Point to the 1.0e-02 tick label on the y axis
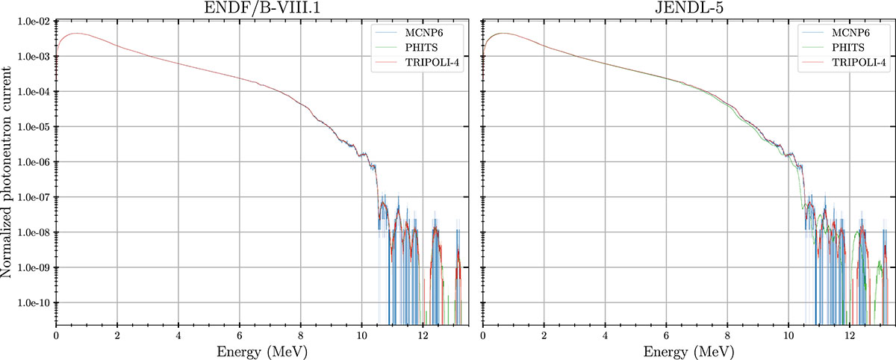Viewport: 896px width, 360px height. pyautogui.click(x=34, y=22)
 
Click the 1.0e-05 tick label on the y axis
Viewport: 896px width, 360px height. pyautogui.click(x=34, y=127)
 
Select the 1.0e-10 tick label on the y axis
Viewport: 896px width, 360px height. pyautogui.click(x=34, y=302)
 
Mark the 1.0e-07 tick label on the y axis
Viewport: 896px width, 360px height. pyautogui.click(x=34, y=197)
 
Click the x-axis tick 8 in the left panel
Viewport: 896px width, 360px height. pyautogui.click(x=301, y=335)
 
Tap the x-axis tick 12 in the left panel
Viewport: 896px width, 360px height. pyautogui.click(x=423, y=335)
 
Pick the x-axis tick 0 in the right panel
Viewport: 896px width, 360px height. pyautogui.click(x=484, y=335)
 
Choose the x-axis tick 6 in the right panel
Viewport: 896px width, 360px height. pyautogui.click(x=667, y=335)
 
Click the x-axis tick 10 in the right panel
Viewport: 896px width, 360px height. pyautogui.click(x=788, y=335)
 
